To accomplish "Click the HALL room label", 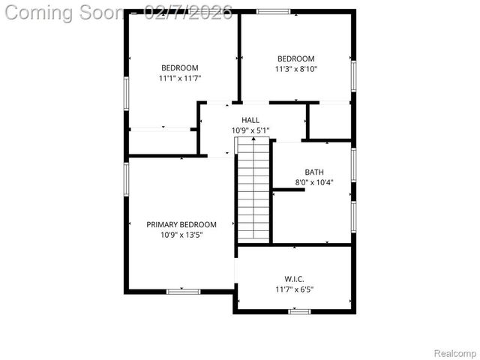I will point(250,120).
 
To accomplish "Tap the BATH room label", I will point(314,172).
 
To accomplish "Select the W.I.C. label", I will point(295,278).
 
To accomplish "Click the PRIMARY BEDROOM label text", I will point(181,224).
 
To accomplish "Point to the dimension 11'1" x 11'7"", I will point(180,78).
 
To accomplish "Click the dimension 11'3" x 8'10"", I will point(296,70).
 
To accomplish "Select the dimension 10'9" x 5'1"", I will point(250,130).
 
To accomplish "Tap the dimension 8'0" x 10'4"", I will point(314,182).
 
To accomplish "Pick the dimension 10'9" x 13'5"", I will point(181,235).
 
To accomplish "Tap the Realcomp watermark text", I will point(455,352).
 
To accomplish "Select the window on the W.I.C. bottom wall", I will point(299,311).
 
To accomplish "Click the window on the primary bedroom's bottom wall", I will point(183,291).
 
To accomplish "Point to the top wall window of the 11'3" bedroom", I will point(273,11).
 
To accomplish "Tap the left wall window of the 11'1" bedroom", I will point(126,94).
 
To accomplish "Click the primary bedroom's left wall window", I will point(126,181).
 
